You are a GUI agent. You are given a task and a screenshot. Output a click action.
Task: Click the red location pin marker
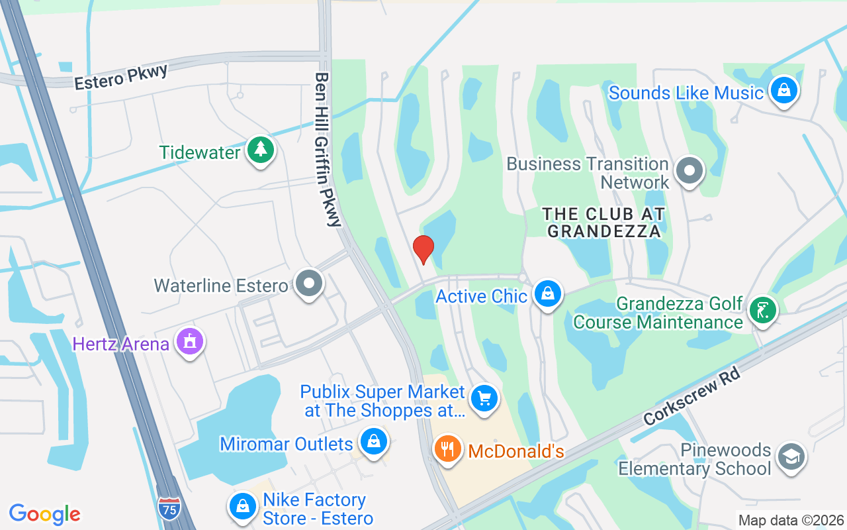tap(423, 249)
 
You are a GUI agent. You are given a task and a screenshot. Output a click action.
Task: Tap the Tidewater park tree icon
tap(261, 150)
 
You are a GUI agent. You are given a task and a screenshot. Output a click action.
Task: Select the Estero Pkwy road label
tap(121, 77)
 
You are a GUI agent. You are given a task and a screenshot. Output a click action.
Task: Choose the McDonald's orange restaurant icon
tap(448, 450)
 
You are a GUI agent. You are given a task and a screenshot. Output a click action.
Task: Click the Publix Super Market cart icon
tap(484, 399)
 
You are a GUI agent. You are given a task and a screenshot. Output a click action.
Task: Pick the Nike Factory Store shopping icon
tap(243, 507)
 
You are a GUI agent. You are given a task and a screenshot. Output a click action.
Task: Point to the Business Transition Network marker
tap(690, 171)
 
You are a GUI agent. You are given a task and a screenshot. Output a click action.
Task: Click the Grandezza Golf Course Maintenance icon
tap(763, 310)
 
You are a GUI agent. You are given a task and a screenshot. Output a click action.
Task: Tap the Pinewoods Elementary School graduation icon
tap(791, 457)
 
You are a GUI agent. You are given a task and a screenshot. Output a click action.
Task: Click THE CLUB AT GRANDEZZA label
tap(603, 223)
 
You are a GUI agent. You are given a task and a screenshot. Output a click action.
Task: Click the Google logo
tap(45, 514)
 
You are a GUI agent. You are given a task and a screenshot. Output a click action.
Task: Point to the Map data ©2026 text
tap(791, 520)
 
